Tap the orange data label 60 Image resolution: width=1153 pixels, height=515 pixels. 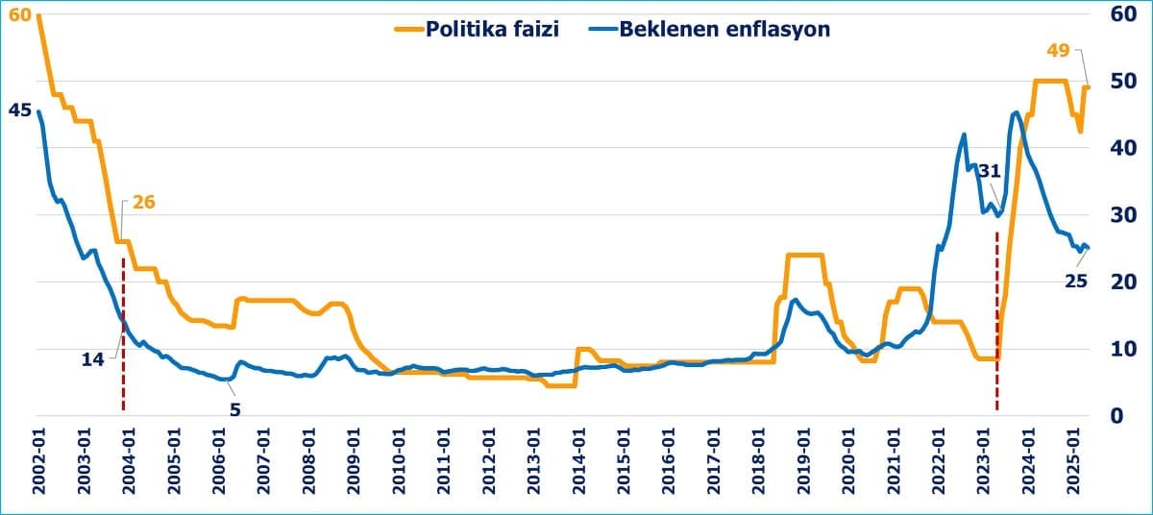20,15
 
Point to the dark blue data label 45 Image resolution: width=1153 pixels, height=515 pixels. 19,110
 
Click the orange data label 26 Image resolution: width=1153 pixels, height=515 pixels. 144,203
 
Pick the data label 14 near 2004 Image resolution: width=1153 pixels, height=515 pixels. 93,358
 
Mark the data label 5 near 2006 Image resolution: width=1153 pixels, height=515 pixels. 234,408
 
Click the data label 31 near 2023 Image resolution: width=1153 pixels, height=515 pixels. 990,171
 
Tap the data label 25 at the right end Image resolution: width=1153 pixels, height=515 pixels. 1076,281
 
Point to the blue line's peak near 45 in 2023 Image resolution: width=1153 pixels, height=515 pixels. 1017,113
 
